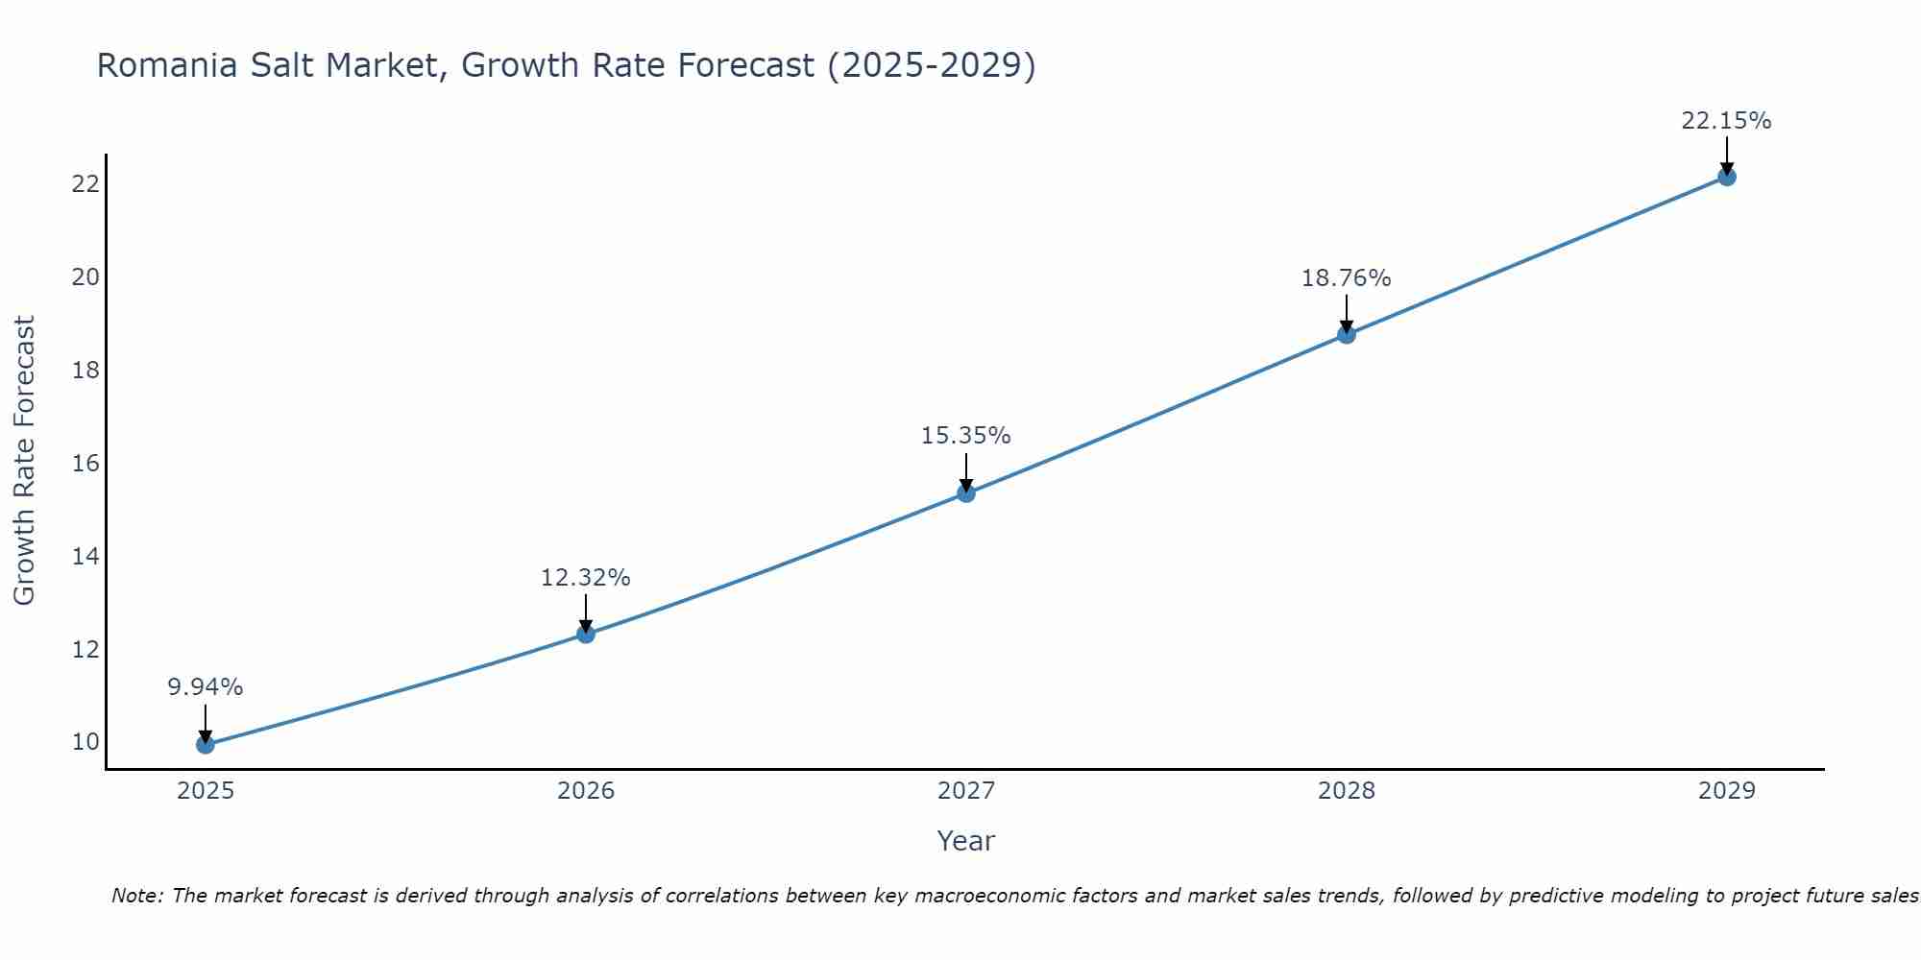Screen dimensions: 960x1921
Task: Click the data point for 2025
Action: coord(205,744)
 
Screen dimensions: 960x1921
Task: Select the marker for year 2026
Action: coord(586,634)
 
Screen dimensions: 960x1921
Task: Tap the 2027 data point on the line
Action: coord(966,492)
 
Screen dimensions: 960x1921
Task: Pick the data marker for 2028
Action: coord(1347,334)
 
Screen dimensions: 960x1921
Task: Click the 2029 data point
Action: coord(1727,177)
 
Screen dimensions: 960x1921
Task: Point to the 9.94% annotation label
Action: coord(205,687)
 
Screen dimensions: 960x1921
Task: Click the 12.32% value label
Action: coord(585,578)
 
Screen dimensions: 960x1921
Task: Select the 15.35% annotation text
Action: coord(965,436)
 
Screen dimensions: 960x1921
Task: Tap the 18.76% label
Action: coord(1346,278)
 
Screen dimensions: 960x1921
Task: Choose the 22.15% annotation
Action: coord(1726,121)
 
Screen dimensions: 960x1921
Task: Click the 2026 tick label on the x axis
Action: coord(586,791)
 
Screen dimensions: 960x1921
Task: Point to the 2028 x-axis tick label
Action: coord(1347,791)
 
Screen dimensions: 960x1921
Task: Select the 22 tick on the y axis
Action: coord(85,183)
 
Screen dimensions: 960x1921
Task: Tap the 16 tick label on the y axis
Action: coord(85,464)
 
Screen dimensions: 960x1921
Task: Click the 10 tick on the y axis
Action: coord(85,742)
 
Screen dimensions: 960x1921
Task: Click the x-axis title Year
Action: coord(965,841)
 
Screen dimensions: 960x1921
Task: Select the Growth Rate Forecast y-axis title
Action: coord(24,461)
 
